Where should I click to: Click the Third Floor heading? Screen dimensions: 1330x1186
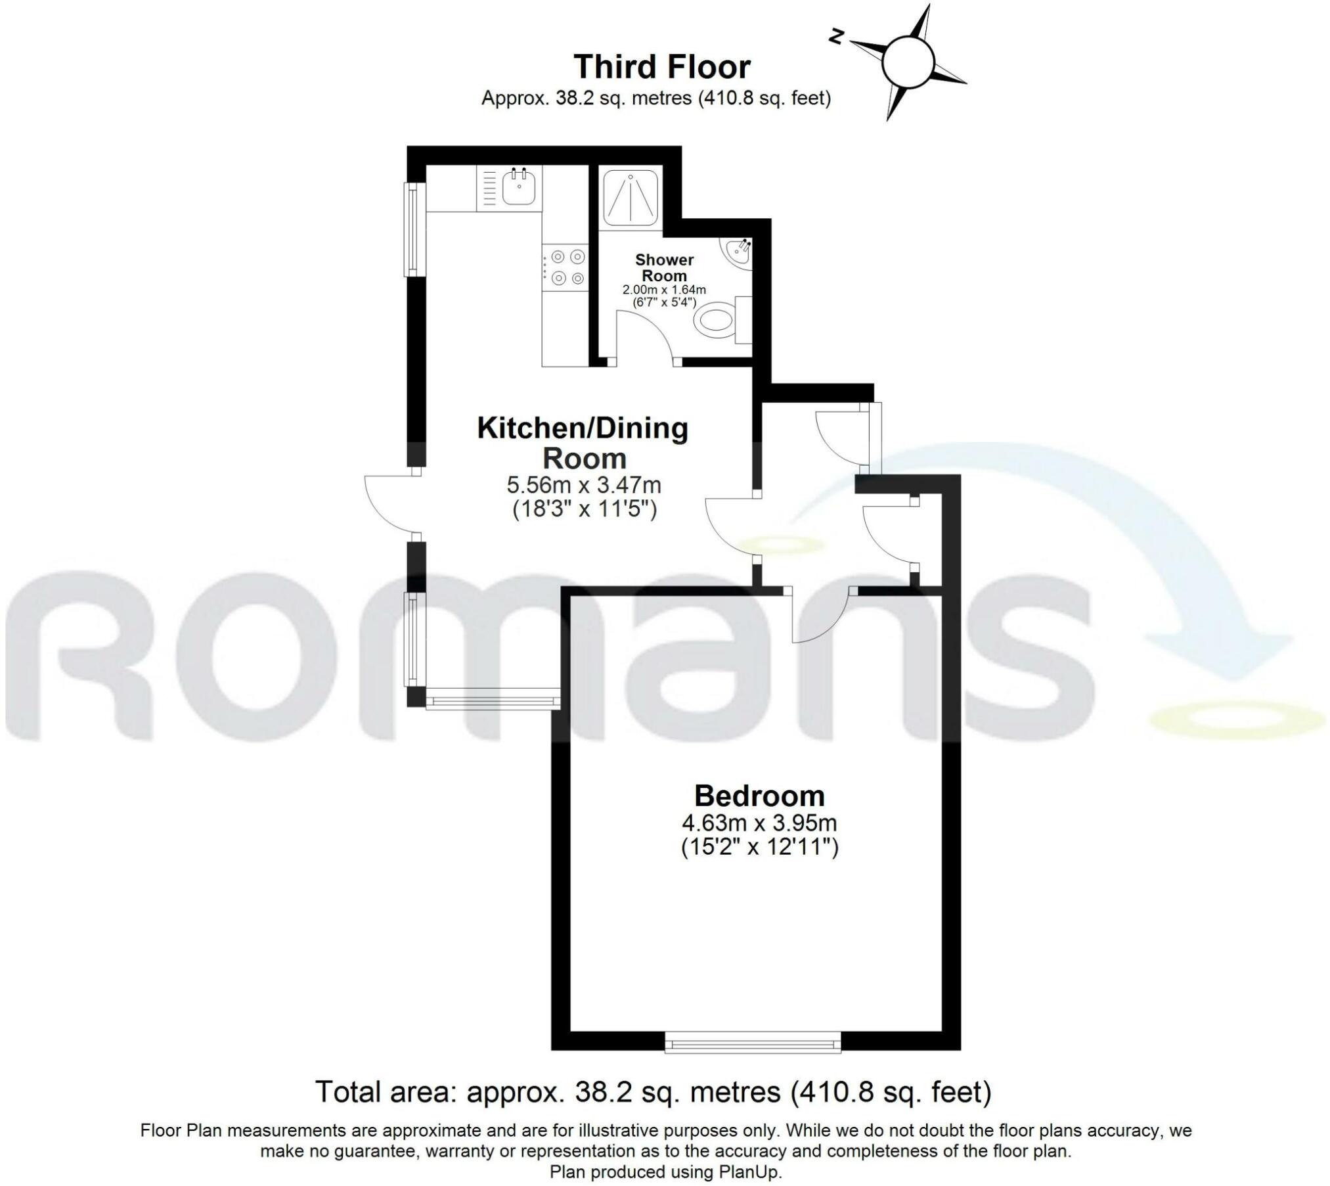(x=661, y=66)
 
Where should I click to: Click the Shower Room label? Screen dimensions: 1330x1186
(x=664, y=267)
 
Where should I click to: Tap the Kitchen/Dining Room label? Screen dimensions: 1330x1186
(x=583, y=442)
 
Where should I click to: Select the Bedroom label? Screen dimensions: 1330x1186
(x=759, y=796)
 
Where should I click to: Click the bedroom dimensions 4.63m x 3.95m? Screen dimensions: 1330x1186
(x=759, y=823)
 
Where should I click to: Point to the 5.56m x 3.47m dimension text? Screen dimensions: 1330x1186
(x=583, y=485)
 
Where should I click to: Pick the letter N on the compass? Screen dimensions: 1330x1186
(x=836, y=37)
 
